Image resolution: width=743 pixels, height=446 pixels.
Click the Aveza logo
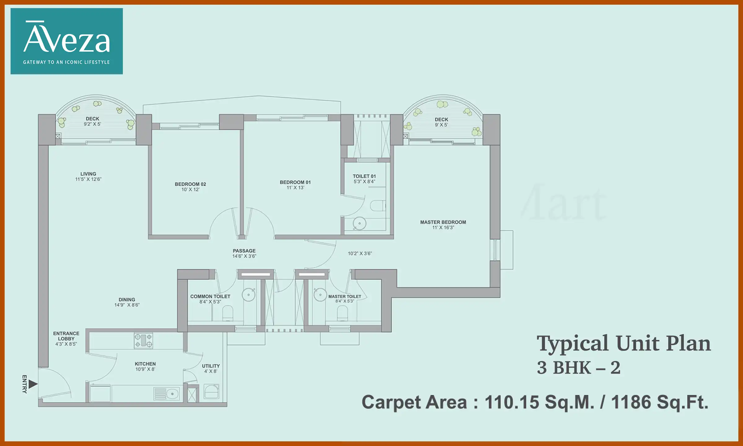pos(67,41)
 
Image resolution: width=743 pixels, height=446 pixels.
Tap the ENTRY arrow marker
pos(33,384)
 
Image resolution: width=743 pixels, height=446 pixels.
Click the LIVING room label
pos(88,174)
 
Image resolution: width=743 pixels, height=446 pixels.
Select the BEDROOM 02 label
pos(190,184)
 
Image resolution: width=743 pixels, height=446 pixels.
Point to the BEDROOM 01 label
pos(295,182)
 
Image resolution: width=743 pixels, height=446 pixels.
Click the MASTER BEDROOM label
pos(443,222)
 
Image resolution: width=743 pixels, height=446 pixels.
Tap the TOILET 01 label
pos(364,176)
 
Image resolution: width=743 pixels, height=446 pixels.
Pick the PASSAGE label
pos(244,251)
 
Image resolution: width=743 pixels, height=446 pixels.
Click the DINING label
pos(127,300)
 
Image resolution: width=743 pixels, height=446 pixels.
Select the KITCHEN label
pos(145,364)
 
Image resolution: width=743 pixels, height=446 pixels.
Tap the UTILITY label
pos(211,366)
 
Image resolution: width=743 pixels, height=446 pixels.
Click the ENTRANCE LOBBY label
pos(66,336)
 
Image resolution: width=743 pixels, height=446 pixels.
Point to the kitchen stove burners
pos(143,340)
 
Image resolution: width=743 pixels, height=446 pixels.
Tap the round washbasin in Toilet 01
pos(359,223)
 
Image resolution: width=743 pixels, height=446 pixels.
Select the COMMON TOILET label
pos(210,296)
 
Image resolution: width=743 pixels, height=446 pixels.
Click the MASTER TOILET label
pos(345,296)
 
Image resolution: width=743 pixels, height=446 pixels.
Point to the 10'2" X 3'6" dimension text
pos(360,253)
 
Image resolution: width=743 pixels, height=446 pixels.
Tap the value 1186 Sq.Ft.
pos(659,402)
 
